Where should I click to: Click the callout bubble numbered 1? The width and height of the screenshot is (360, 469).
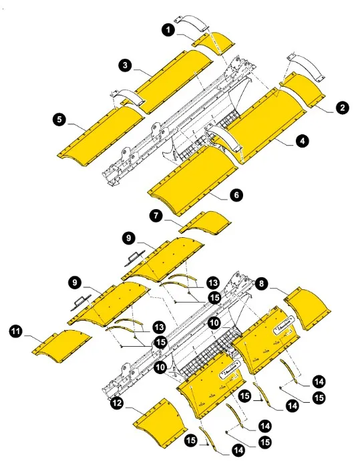(167, 30)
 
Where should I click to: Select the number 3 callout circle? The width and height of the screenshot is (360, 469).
(125, 65)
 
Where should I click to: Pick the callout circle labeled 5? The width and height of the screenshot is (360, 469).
(60, 120)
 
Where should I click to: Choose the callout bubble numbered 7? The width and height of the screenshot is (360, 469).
(156, 216)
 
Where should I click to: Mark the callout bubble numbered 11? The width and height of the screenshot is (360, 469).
(16, 330)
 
